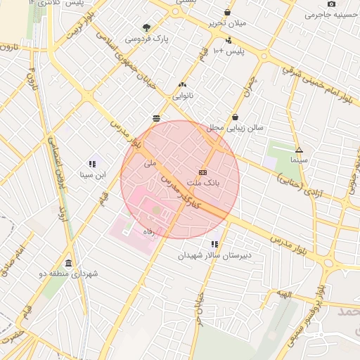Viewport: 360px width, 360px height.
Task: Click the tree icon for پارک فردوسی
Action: [146, 28]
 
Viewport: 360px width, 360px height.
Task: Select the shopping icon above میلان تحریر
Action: [227, 13]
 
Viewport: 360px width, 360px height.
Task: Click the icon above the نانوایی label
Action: [183, 84]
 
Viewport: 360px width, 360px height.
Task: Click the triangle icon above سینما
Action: [299, 150]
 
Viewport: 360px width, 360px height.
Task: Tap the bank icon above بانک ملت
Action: [202, 172]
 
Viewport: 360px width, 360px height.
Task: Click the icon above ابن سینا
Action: [92, 164]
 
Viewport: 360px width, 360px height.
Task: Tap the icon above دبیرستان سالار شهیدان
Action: [214, 245]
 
